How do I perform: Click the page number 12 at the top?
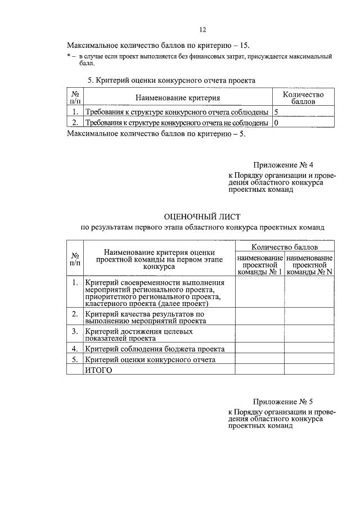click(x=203, y=30)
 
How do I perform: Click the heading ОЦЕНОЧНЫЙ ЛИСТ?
click(x=202, y=216)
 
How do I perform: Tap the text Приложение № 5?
click(x=283, y=402)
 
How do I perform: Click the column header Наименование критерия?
click(x=177, y=98)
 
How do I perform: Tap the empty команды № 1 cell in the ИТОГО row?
click(x=259, y=370)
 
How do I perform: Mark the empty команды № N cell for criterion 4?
click(x=309, y=349)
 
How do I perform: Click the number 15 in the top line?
click(x=243, y=44)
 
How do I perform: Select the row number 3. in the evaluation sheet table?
click(x=74, y=332)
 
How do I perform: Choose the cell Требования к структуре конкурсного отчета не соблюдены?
click(x=176, y=122)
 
